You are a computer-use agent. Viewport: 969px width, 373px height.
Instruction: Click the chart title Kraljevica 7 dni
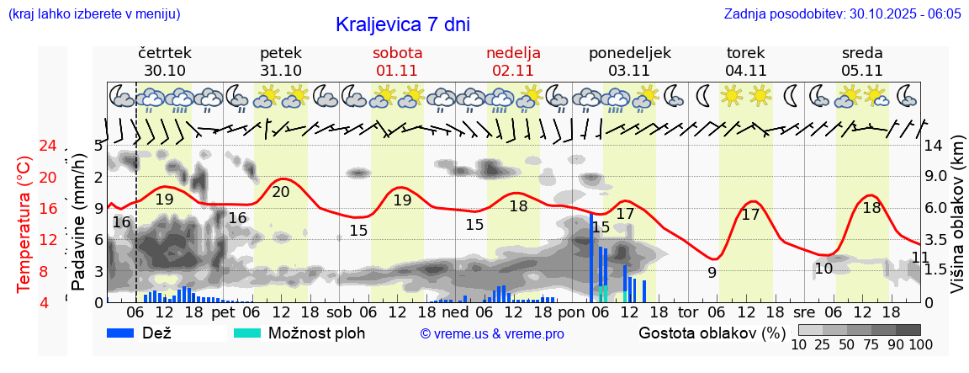(x=402, y=24)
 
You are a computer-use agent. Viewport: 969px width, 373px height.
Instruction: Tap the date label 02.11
(x=513, y=71)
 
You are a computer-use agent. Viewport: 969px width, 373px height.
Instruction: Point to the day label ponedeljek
(x=630, y=52)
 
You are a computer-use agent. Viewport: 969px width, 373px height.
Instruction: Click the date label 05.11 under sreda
(x=861, y=71)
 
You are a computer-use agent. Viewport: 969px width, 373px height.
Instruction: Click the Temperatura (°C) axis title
(x=24, y=224)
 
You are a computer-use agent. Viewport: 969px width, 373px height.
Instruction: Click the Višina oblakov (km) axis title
(x=957, y=224)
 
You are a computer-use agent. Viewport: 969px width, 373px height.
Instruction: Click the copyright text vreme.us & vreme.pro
(x=492, y=334)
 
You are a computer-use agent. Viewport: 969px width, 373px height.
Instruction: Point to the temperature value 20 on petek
(x=281, y=192)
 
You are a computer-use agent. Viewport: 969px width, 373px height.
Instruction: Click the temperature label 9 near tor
(x=712, y=272)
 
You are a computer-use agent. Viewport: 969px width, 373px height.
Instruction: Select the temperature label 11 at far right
(x=920, y=257)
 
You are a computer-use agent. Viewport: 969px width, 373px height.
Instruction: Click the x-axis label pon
(x=570, y=312)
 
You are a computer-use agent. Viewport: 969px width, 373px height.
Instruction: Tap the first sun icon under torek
(x=731, y=95)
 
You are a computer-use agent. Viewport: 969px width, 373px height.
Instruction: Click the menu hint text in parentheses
(x=93, y=14)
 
